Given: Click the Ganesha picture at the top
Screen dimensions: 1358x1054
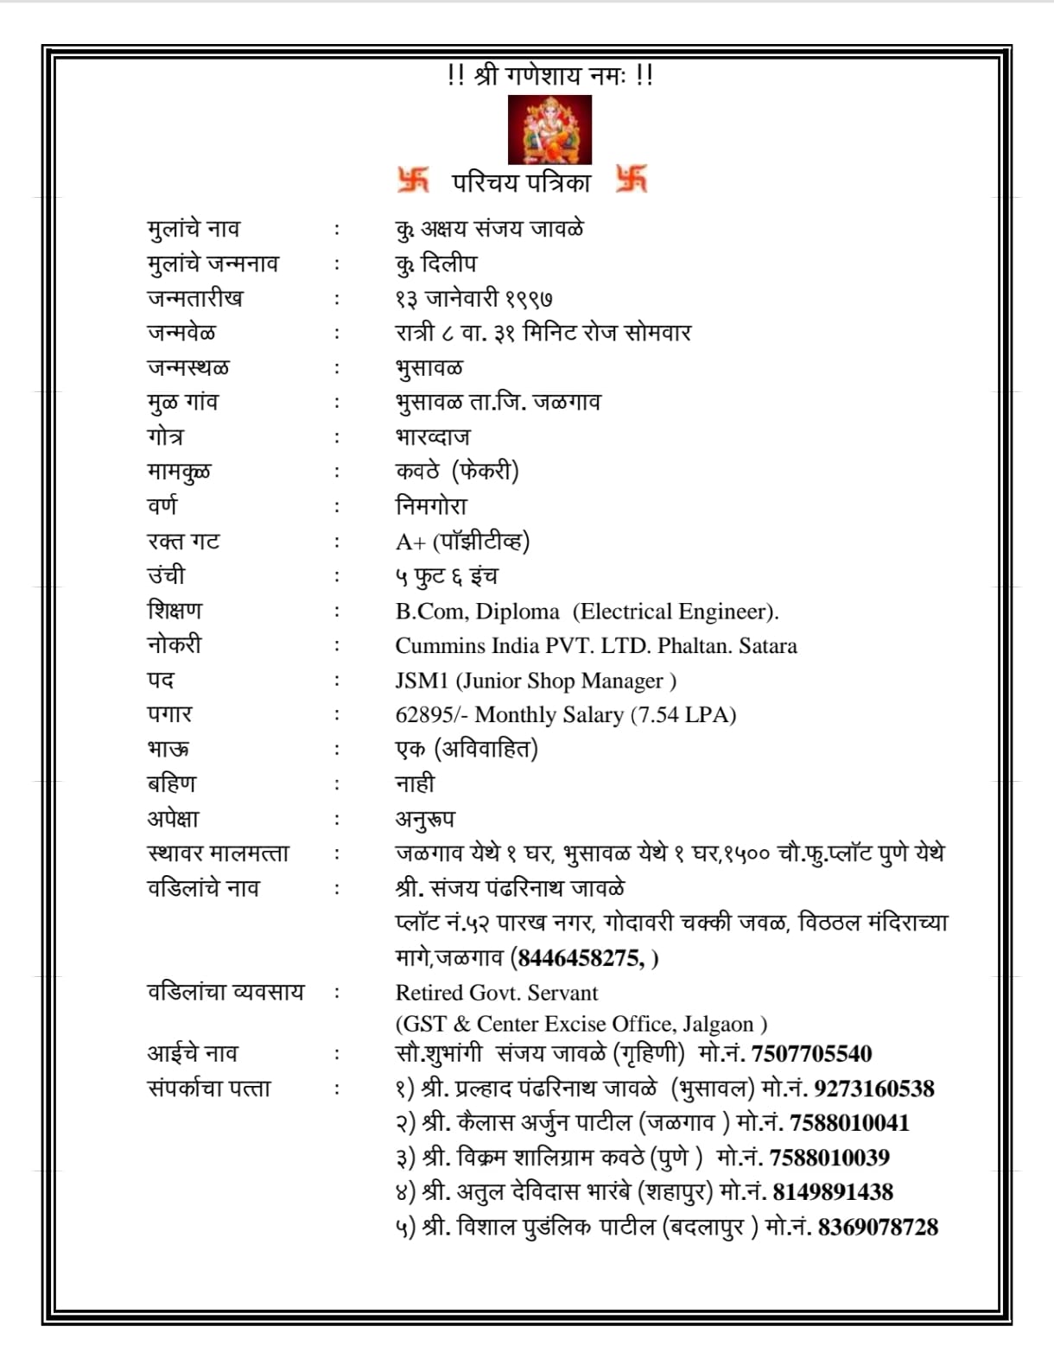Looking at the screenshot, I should point(549,130).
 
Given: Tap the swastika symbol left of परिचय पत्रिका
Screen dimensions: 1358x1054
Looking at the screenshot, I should point(413,180).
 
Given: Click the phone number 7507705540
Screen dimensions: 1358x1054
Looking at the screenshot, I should point(811,1053).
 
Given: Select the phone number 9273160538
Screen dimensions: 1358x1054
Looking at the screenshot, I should point(873,1088).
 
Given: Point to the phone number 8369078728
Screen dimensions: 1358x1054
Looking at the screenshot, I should point(878,1227).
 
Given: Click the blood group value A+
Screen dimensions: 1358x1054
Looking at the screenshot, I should point(410,543).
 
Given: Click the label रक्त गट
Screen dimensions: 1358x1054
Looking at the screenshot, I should point(183,542).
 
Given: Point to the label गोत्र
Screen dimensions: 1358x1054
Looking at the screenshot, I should point(165,437).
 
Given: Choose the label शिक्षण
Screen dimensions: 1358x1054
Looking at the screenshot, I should point(175,611).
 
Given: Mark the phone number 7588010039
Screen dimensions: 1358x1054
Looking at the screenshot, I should point(829,1157).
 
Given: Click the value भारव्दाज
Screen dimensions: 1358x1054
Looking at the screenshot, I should point(433,437).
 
